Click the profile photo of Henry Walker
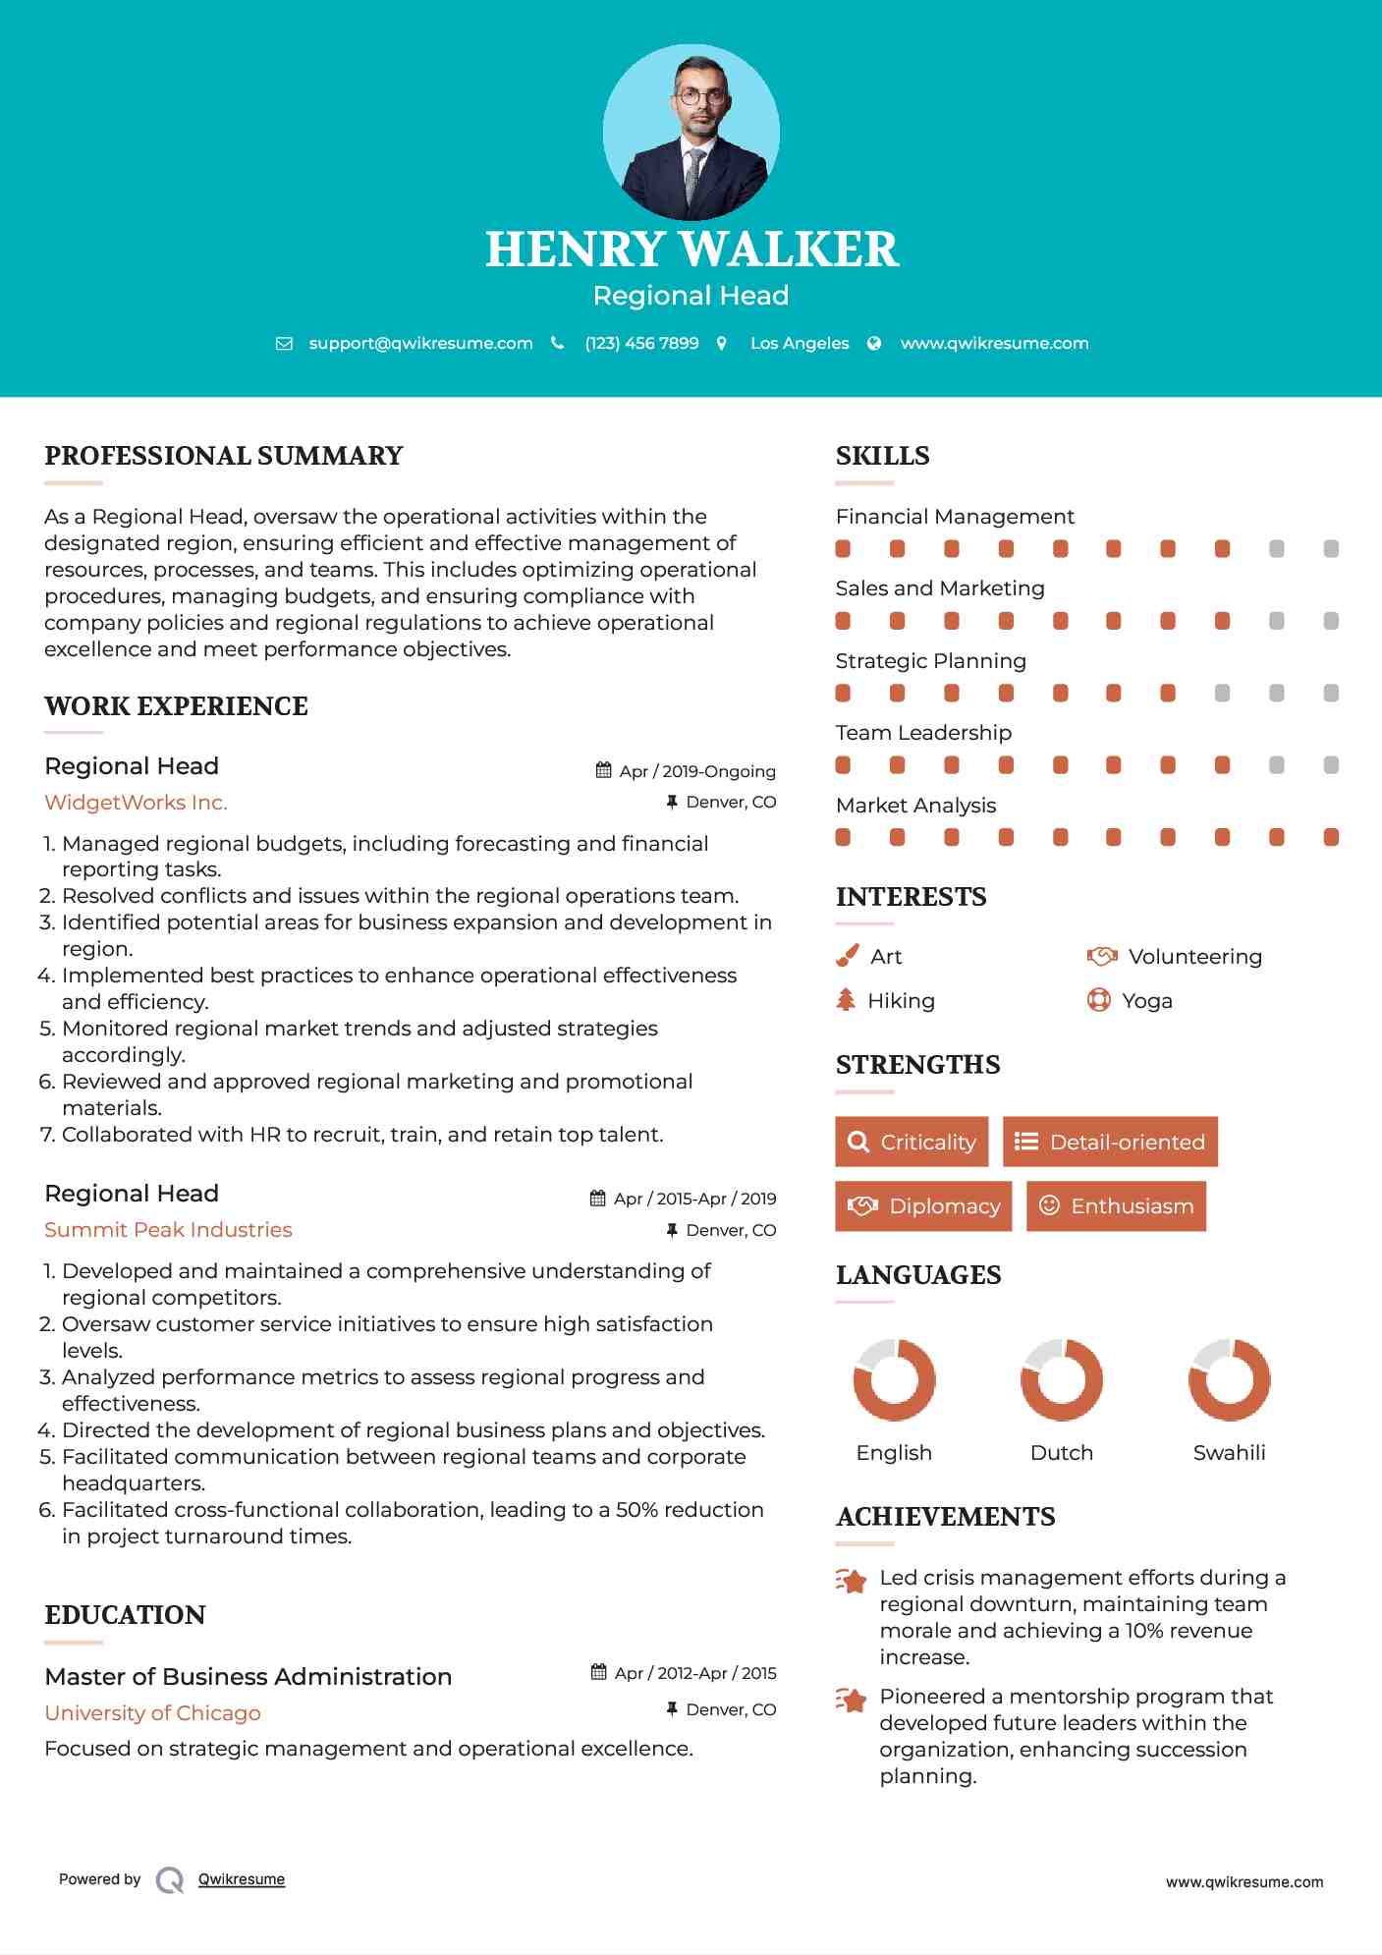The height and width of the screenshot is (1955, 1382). (691, 132)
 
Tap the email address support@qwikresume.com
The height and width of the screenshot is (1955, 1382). (420, 343)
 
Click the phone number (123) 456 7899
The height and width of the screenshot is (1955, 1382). (641, 343)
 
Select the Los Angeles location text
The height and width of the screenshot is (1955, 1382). (800, 343)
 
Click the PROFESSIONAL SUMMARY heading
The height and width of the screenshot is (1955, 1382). (224, 456)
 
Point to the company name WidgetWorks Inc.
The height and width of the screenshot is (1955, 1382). (136, 803)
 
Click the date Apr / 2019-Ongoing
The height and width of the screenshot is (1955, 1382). (697, 771)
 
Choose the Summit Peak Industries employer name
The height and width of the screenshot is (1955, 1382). (168, 1230)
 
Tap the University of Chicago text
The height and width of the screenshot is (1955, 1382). (152, 1713)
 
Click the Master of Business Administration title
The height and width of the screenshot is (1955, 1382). (249, 1676)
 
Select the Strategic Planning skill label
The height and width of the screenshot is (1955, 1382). (930, 661)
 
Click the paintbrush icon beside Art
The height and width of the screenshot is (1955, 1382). (847, 956)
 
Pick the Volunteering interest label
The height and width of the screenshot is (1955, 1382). (1194, 957)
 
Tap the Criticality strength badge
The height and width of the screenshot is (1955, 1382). (912, 1142)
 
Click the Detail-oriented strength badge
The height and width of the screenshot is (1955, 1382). (1110, 1142)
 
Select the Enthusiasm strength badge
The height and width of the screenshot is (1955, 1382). (1116, 1205)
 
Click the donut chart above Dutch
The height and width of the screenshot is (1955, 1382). (1061, 1379)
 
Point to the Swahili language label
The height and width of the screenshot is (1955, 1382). (1229, 1453)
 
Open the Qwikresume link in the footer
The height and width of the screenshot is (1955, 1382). (242, 1879)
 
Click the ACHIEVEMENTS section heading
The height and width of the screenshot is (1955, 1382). (945, 1517)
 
